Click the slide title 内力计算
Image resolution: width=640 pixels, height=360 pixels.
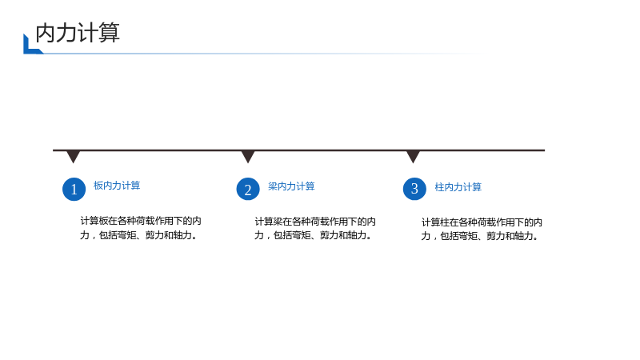pyautogui.click(x=78, y=33)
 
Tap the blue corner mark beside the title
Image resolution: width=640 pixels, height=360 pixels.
pyautogui.click(x=29, y=48)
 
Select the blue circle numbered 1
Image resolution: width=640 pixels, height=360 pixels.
pyautogui.click(x=74, y=189)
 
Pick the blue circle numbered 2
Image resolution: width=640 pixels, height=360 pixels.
pyautogui.click(x=248, y=189)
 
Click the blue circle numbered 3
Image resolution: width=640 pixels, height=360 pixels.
pyautogui.click(x=414, y=189)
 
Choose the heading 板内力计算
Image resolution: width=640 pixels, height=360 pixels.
pyautogui.click(x=117, y=186)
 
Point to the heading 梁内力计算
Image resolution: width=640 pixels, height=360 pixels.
pyautogui.click(x=291, y=186)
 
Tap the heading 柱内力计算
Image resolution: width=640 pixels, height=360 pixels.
pyautogui.click(x=458, y=187)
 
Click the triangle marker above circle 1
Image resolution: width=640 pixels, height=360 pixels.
pyautogui.click(x=73, y=156)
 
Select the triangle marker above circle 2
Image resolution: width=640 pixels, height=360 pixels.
pyautogui.click(x=248, y=156)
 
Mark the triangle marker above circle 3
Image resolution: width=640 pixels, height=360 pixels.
pyautogui.click(x=413, y=156)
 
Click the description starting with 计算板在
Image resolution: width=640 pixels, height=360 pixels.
pyautogui.click(x=141, y=228)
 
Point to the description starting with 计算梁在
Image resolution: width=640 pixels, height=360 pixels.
pyautogui.click(x=314, y=229)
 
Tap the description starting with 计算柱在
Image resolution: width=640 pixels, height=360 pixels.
pyautogui.click(x=482, y=230)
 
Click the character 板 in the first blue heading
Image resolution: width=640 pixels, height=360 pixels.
pyautogui.click(x=98, y=186)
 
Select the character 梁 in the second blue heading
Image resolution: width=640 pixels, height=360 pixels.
pyautogui.click(x=273, y=186)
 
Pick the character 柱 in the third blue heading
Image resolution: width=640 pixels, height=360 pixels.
pyautogui.click(x=439, y=187)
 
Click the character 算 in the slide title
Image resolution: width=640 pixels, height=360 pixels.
pyautogui.click(x=110, y=33)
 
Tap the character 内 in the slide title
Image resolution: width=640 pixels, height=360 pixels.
pyautogui.click(x=46, y=33)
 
